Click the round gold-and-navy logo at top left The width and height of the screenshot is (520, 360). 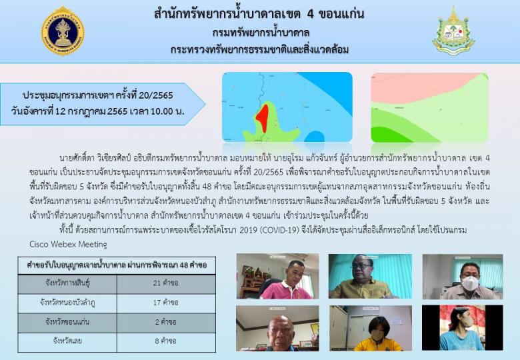click(63, 31)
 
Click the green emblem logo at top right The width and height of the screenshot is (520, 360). click(453, 31)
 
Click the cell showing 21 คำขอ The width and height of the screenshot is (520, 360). click(166, 283)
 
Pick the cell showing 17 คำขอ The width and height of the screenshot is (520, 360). click(166, 303)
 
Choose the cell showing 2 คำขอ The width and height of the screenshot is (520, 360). click(166, 322)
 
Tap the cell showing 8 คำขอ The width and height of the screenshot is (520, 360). click(166, 341)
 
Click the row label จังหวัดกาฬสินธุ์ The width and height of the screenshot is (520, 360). click(68, 283)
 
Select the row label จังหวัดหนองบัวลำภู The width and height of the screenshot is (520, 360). click(67, 303)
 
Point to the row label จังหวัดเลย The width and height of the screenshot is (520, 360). click(67, 341)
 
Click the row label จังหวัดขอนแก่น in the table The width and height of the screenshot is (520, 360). click(67, 322)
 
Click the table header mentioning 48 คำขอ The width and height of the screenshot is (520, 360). click(117, 265)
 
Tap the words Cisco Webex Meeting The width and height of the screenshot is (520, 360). click(68, 244)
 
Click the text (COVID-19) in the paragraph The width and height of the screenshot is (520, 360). click(279, 230)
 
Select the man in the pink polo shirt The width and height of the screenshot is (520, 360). click(288, 282)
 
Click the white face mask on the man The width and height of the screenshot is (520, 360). click(470, 283)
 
